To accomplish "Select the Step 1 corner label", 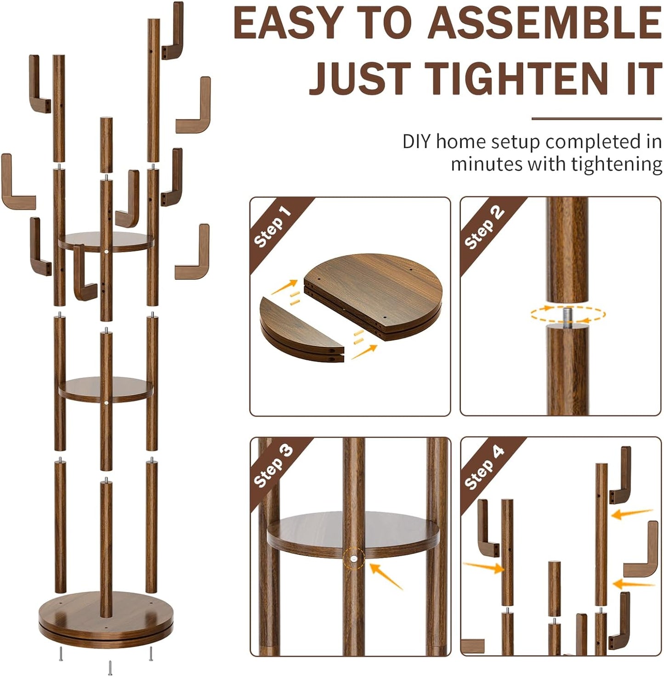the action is pos(272,227).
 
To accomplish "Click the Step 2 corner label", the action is pos(484,227).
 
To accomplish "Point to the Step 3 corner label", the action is pos(273,466).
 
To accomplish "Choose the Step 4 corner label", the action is pos(484,466).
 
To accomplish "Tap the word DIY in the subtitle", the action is pos(416,142).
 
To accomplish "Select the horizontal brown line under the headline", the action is pos(596,119).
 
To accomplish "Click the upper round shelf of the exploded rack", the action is pos(106,242).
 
